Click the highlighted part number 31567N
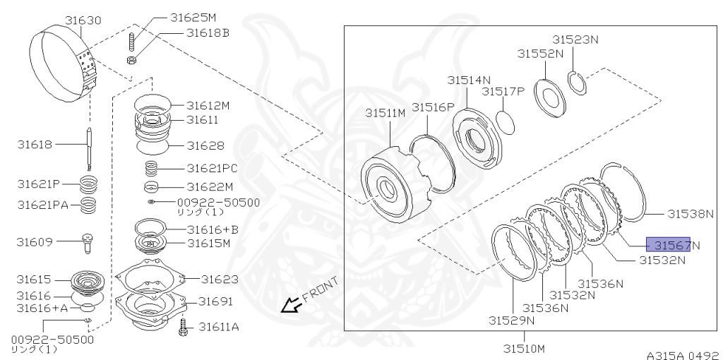(669, 245)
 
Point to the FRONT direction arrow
(289, 305)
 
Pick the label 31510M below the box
(524, 347)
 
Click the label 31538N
(691, 212)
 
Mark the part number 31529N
(511, 320)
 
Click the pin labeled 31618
(89, 147)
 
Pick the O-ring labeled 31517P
(506, 119)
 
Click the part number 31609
(35, 241)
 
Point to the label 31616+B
(213, 229)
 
